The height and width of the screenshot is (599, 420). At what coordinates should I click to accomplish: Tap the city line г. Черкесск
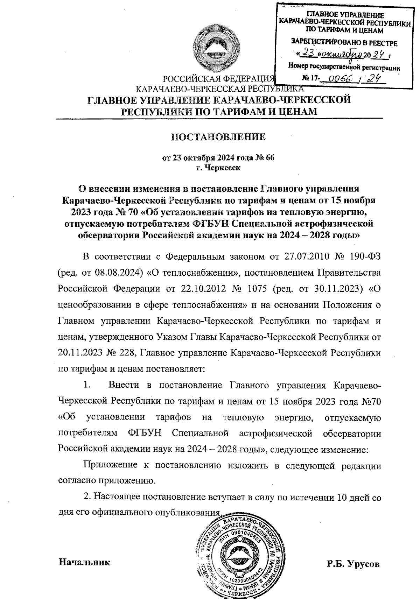pyautogui.click(x=218, y=168)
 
